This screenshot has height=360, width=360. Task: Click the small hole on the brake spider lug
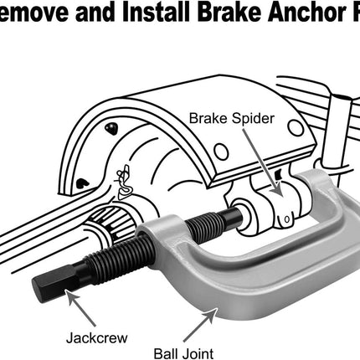pyautogui.click(x=284, y=220)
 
